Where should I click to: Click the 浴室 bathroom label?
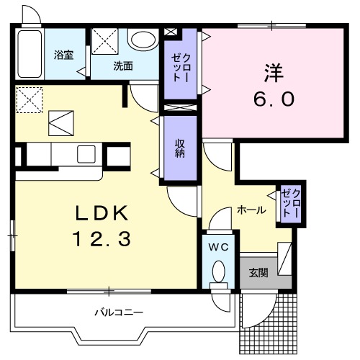(64, 55)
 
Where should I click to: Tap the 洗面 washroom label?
(122, 66)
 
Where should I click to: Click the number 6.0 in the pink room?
(274, 99)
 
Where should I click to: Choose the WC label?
(220, 246)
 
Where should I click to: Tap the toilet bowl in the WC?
(220, 271)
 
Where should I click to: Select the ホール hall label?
(251, 211)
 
